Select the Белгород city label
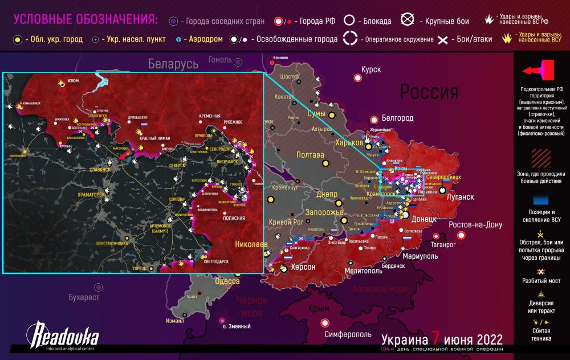[397, 118]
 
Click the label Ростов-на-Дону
[475, 224]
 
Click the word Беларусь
[173, 64]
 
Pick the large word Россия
[429, 91]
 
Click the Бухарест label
[84, 298]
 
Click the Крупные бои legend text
[447, 22]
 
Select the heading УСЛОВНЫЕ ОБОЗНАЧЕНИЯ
[85, 20]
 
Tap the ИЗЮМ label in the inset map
[73, 81]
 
